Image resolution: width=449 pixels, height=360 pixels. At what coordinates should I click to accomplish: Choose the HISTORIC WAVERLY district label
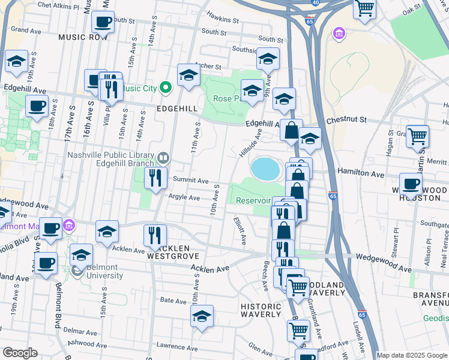click(261, 310)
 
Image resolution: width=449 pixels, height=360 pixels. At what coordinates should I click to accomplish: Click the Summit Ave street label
click(190, 181)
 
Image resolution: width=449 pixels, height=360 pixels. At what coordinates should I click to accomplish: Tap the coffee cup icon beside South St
click(103, 22)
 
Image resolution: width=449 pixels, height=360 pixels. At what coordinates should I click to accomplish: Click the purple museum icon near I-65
click(339, 33)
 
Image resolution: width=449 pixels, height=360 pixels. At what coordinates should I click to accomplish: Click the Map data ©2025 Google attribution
click(412, 355)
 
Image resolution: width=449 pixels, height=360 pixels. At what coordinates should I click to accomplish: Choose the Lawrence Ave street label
click(176, 347)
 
